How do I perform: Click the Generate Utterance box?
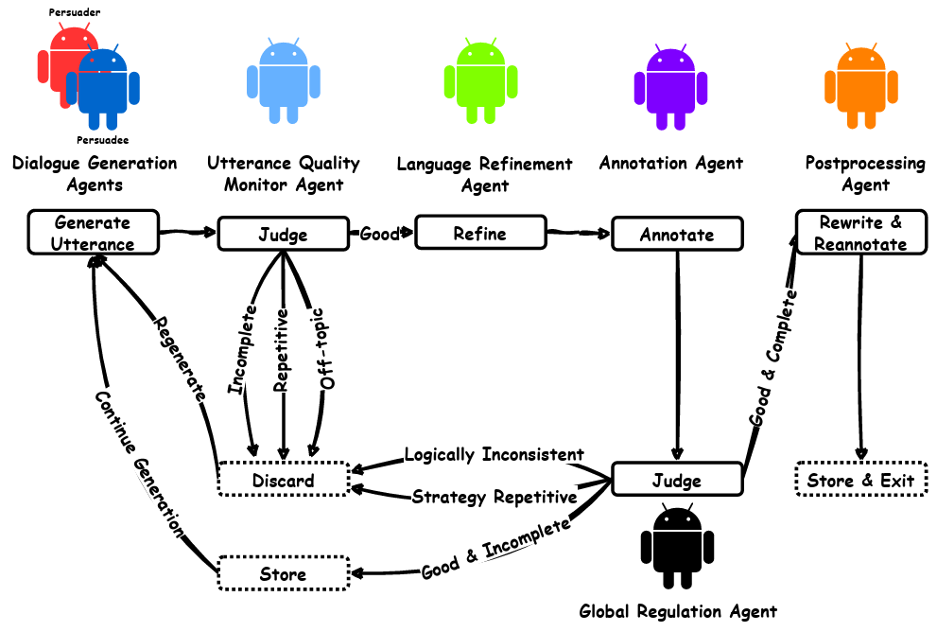[93, 233]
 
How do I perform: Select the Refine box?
[480, 233]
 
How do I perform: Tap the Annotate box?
[676, 234]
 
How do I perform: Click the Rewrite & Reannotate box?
[861, 233]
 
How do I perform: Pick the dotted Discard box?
[283, 480]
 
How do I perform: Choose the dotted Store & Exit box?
[860, 481]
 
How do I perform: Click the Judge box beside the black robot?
[677, 481]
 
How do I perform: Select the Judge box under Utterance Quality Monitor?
[284, 234]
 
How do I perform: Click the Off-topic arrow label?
[328, 348]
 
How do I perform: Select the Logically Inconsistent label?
[494, 454]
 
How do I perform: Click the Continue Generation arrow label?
[139, 463]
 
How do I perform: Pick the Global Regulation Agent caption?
[678, 611]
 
